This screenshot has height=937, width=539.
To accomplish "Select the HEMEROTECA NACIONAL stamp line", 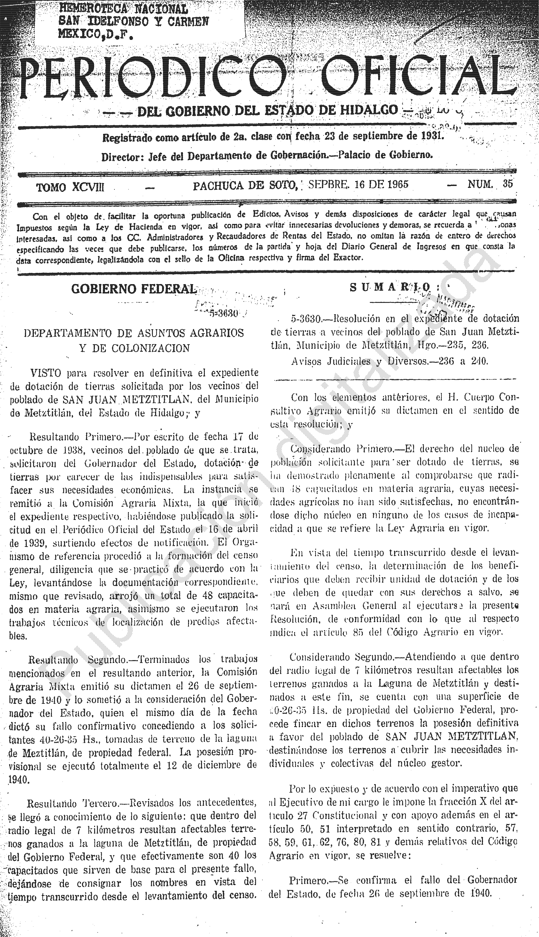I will coord(123,8).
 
